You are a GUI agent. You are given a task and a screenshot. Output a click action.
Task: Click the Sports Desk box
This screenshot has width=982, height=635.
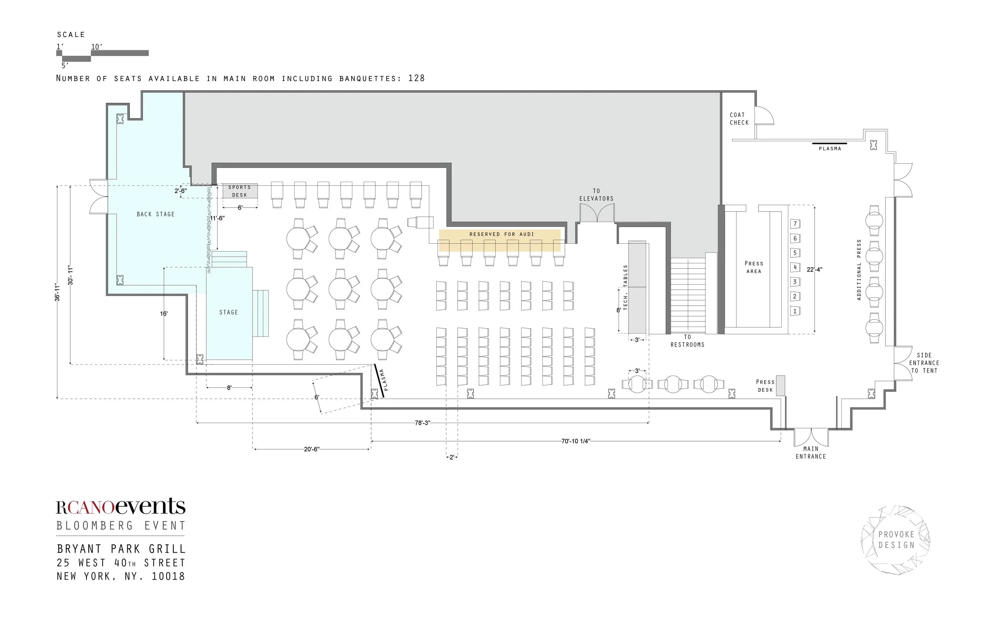(240, 191)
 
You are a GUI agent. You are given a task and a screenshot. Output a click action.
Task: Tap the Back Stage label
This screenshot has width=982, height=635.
(156, 214)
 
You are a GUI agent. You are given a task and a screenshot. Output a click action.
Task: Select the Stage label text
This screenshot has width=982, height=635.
(229, 312)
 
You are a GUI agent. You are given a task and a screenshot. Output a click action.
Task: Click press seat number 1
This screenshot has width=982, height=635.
(795, 311)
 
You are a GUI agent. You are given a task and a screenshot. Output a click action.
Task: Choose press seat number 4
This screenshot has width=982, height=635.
(795, 267)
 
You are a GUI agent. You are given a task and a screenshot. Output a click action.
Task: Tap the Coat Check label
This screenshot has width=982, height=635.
(739, 119)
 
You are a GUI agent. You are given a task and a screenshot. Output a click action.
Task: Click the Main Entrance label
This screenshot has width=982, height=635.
(811, 453)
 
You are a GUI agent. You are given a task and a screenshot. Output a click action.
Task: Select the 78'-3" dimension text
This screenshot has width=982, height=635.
(423, 423)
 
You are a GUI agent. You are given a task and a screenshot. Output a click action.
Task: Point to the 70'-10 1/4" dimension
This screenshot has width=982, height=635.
(575, 441)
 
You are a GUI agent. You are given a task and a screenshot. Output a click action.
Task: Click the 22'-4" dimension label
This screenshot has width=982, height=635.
(815, 270)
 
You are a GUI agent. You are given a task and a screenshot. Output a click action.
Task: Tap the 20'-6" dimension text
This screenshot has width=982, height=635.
(311, 449)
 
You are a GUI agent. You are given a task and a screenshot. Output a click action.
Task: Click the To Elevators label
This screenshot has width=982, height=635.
(596, 195)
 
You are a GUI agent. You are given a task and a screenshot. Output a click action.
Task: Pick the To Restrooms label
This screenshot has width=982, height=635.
(687, 341)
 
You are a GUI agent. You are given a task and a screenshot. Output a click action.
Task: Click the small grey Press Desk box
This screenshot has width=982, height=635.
(780, 385)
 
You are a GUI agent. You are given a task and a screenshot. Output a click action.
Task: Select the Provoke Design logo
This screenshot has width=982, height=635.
(896, 540)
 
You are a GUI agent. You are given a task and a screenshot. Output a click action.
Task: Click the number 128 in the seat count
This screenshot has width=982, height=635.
(416, 78)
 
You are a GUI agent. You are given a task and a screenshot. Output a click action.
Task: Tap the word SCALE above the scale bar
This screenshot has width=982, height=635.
(71, 35)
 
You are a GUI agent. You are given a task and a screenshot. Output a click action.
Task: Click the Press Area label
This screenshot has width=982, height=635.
(754, 267)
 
